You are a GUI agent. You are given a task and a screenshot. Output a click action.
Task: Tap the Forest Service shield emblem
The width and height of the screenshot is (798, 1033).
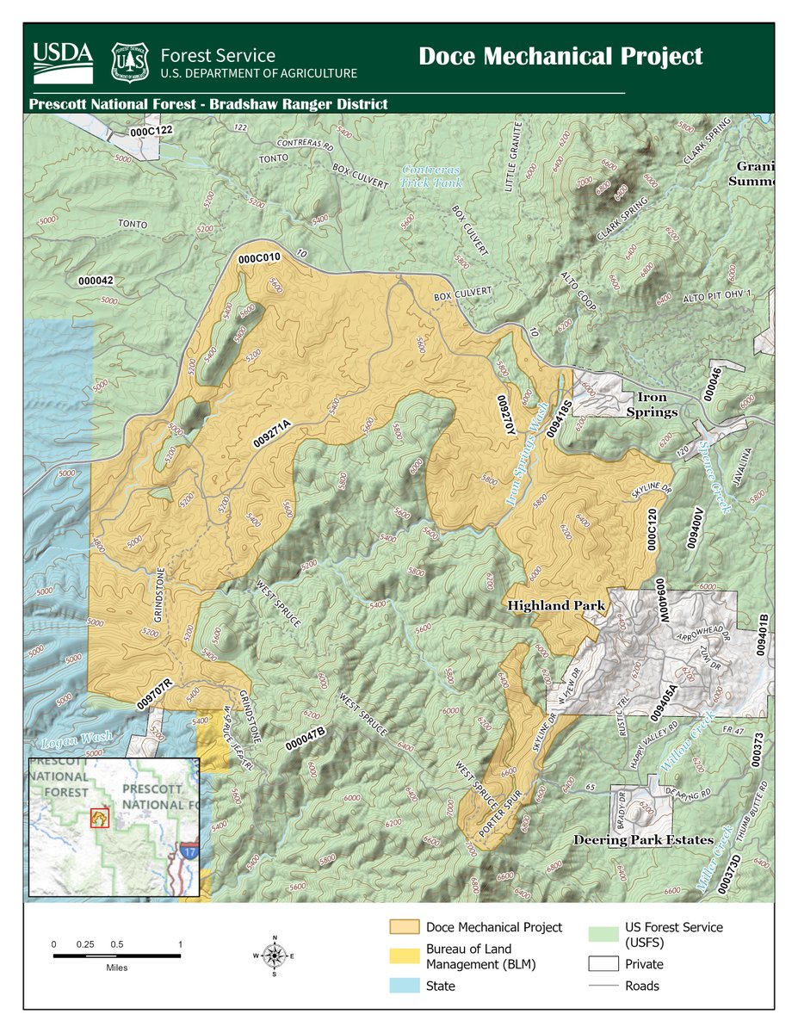tap(130, 61)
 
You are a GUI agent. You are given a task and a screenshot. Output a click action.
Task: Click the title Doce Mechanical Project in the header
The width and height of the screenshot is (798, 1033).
tap(560, 57)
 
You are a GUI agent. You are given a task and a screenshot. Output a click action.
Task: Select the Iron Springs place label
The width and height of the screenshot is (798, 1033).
tap(659, 405)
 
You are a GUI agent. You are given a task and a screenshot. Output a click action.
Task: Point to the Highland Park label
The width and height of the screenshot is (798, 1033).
tap(555, 606)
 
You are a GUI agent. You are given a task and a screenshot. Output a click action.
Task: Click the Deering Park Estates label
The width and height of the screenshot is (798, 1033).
tap(643, 839)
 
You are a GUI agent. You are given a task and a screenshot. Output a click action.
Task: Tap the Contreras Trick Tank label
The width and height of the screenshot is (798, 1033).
tap(431, 176)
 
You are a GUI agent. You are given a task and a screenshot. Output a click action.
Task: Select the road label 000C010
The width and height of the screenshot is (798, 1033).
tap(260, 257)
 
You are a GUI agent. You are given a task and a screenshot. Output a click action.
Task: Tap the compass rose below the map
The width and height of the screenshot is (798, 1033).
tap(274, 955)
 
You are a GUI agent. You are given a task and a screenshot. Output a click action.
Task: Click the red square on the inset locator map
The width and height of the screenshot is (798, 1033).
tap(100, 816)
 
